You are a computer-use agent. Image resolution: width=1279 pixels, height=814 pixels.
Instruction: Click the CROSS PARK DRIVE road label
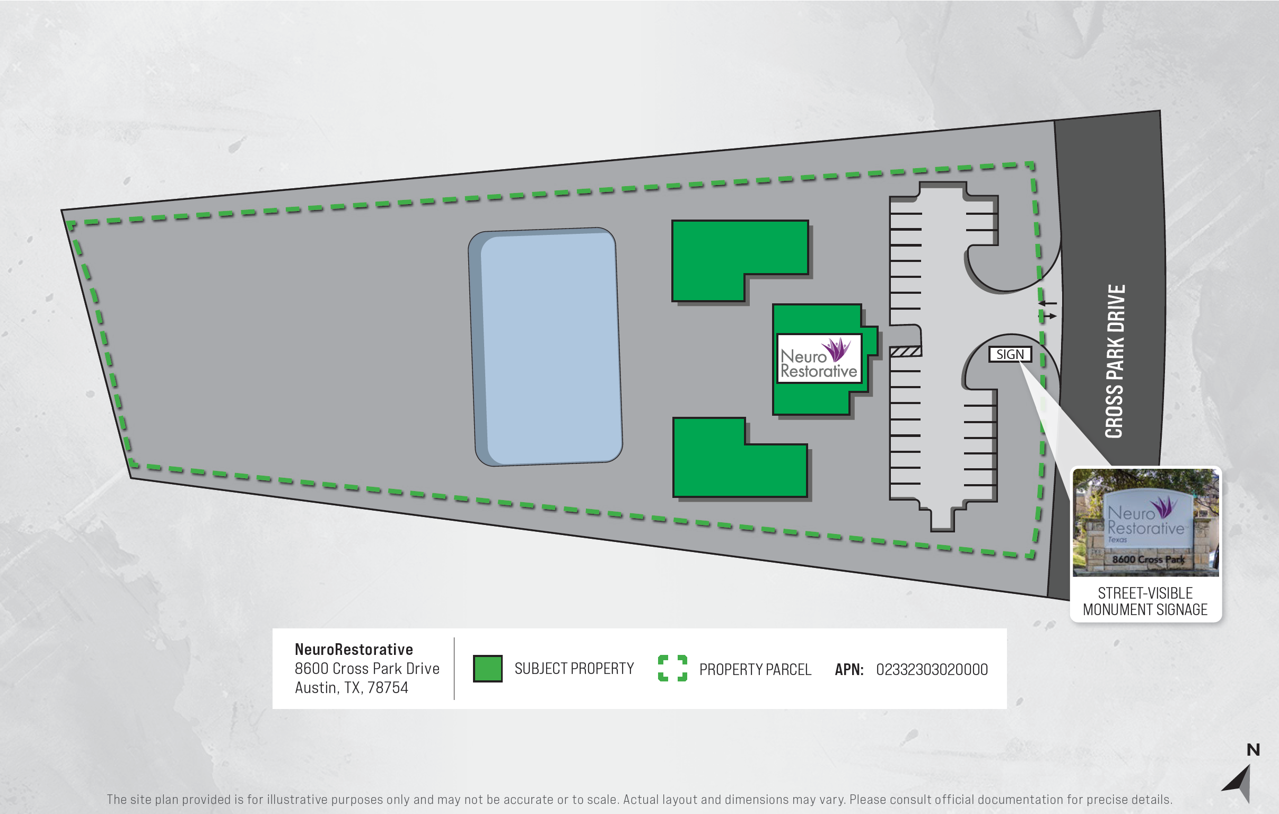tap(1115, 361)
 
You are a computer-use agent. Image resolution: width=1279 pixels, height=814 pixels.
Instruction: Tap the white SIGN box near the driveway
tap(1010, 354)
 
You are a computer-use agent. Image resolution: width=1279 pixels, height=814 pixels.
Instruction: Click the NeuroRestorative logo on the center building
tap(819, 358)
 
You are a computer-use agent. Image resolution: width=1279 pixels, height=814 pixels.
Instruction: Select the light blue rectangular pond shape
tap(546, 347)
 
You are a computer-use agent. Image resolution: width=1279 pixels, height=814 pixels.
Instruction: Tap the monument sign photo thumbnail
tap(1146, 523)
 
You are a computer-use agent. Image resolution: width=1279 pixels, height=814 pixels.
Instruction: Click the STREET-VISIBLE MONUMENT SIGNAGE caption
tap(1145, 601)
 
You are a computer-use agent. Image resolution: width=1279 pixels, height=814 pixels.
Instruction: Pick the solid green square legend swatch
tap(488, 668)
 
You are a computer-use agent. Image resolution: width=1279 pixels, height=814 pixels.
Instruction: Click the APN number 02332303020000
tap(932, 669)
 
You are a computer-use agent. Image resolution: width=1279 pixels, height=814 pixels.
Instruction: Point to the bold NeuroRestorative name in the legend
tap(354, 649)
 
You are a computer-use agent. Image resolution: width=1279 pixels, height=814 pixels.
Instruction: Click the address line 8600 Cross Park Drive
tap(367, 668)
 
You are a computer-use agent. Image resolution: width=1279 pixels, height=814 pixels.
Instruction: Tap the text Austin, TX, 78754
tap(352, 688)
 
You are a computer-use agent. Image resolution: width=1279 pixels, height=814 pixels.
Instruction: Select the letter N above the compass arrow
tap(1253, 750)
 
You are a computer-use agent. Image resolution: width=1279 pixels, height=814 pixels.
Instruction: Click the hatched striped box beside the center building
tap(906, 351)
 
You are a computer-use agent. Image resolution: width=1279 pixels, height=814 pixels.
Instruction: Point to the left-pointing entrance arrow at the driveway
tap(1047, 303)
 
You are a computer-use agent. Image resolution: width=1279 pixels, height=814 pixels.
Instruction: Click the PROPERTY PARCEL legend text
tap(755, 669)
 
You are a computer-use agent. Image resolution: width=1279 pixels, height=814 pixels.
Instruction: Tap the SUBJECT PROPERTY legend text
tap(574, 668)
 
